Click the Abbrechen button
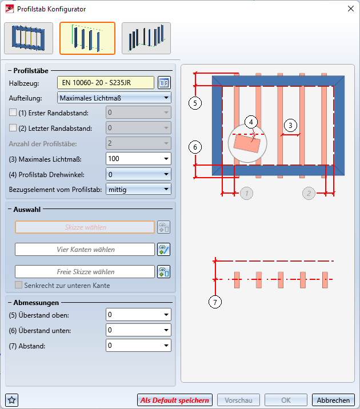(x=333, y=400)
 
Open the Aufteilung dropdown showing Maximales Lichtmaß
(x=115, y=98)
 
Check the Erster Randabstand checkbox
(x=14, y=113)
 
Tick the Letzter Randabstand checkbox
(x=14, y=128)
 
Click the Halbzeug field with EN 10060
(x=106, y=83)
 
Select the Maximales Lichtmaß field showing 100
(x=139, y=158)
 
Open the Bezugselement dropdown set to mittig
(x=139, y=188)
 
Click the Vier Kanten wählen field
(x=85, y=250)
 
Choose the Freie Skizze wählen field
(x=85, y=272)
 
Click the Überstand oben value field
(x=139, y=315)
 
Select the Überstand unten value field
(x=139, y=330)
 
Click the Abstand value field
(x=139, y=345)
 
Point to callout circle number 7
(x=215, y=303)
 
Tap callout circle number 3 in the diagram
(x=290, y=125)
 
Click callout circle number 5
(x=195, y=103)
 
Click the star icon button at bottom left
(x=11, y=400)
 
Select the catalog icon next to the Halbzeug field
(x=165, y=83)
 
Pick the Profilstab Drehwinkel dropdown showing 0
(x=139, y=174)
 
